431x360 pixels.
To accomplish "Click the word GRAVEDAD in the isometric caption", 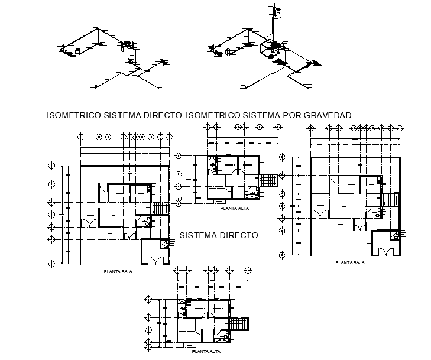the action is (x=328, y=115).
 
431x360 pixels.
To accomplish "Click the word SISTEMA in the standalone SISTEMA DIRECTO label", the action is (x=199, y=235).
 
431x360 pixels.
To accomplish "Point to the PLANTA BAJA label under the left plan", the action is (x=117, y=272).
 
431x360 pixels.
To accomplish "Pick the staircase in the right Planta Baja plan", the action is (x=391, y=199).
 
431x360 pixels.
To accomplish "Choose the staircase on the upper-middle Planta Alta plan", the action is (x=269, y=179).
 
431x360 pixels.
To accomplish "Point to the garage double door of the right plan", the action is (x=387, y=251).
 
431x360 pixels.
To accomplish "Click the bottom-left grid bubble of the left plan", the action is (x=51, y=262).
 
